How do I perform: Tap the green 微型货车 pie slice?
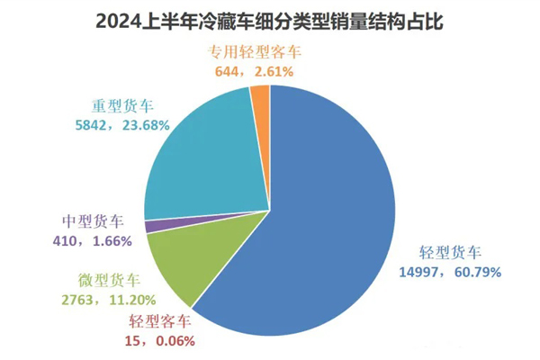(180, 265)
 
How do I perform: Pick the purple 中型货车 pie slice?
(151, 226)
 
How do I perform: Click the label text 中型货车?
(92, 222)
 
